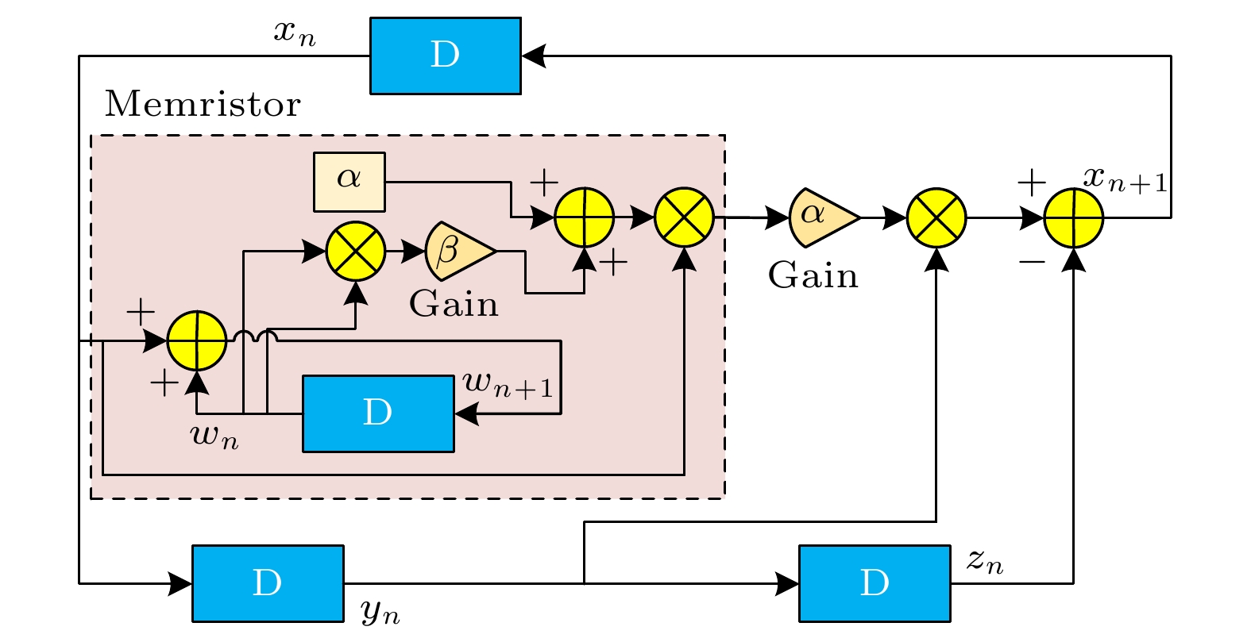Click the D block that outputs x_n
(445, 56)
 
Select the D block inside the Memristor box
(378, 413)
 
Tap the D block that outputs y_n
(268, 583)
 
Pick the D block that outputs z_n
(875, 583)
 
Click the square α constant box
(349, 182)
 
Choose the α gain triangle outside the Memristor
(821, 217)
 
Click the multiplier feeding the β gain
(356, 252)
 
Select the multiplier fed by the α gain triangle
(936, 217)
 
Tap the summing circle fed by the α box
(584, 217)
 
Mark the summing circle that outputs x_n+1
(1073, 217)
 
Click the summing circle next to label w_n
(197, 341)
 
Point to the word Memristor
(203, 104)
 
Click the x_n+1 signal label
(1126, 179)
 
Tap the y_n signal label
(380, 611)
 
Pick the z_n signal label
(985, 561)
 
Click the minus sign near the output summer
(1031, 261)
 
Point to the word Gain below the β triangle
(454, 304)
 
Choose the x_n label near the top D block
(295, 33)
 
